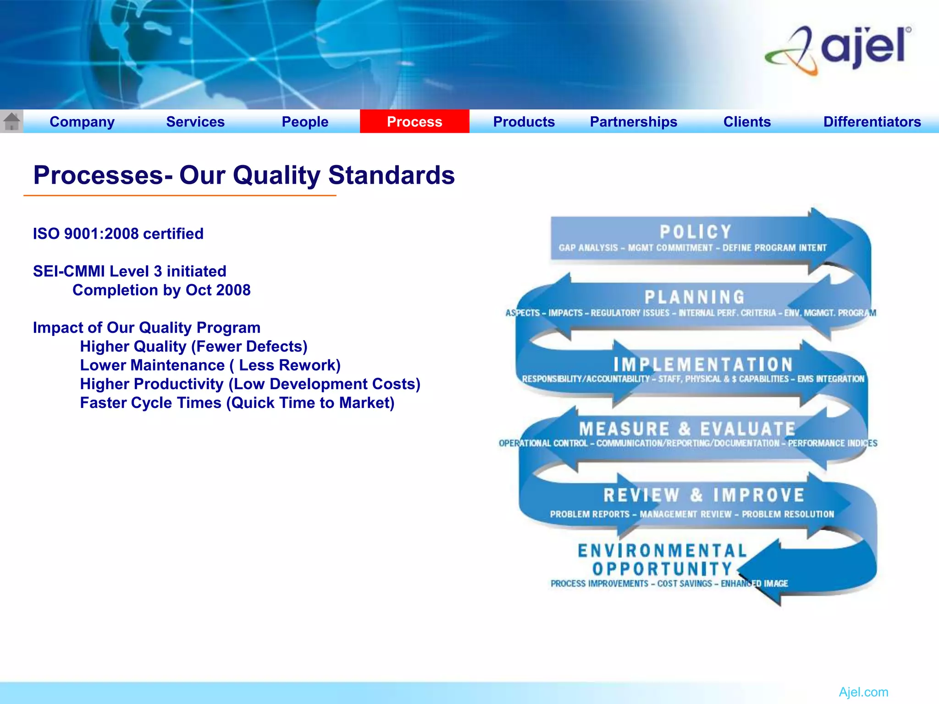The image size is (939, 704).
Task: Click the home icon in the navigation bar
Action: (11, 121)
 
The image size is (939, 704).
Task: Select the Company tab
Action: (82, 122)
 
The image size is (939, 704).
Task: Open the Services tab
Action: (195, 122)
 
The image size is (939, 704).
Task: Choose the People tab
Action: (305, 122)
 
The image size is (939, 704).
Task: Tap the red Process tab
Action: (414, 122)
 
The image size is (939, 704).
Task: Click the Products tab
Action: (524, 122)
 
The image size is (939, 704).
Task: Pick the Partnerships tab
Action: (633, 122)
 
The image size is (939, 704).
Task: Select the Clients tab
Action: (747, 122)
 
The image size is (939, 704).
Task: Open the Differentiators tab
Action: (872, 122)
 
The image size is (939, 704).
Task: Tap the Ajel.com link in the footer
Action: (863, 692)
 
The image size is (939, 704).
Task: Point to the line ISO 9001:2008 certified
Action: (118, 234)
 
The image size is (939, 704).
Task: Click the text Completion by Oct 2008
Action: (161, 290)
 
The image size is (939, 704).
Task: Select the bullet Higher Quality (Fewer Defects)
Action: (193, 346)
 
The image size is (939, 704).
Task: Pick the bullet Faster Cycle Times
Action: (237, 403)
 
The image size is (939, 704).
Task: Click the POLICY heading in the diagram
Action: (696, 232)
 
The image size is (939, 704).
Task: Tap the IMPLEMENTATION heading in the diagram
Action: (703, 365)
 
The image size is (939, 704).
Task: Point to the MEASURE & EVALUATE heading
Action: (687, 429)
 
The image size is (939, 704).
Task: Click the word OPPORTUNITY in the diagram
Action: (663, 569)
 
